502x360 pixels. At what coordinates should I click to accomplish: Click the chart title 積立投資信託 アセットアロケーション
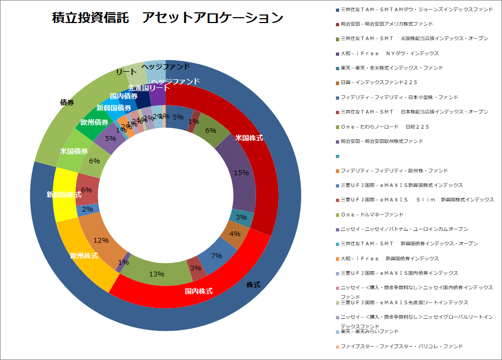168,18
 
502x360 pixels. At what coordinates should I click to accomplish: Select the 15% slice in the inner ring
241,173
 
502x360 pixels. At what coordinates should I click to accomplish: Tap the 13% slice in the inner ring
156,274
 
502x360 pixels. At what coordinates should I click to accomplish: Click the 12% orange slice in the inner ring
101,241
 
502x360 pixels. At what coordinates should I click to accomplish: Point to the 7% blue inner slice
216,256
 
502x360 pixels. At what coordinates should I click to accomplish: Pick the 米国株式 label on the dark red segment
249,138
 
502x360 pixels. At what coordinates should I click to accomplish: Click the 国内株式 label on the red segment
199,291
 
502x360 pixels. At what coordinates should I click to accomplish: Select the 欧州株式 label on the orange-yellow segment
84,256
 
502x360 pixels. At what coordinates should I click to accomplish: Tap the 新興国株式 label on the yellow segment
64,194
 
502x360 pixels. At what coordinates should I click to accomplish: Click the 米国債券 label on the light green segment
74,151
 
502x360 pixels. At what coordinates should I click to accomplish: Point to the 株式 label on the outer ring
253,285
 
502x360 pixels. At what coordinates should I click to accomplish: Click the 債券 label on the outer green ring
67,102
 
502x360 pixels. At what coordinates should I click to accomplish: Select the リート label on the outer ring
126,71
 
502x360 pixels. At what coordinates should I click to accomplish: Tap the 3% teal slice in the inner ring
241,217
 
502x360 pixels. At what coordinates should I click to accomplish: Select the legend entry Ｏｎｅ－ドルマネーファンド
372,214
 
